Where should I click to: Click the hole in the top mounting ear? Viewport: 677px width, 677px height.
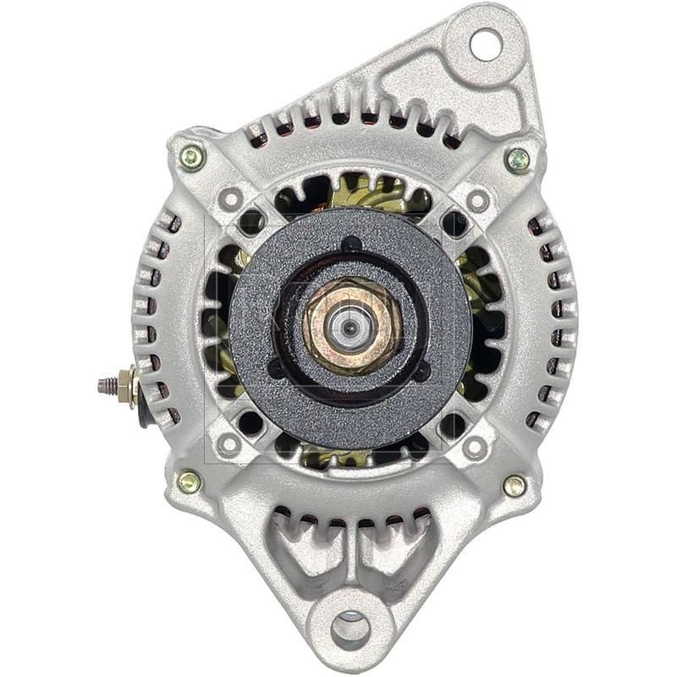pyautogui.click(x=485, y=44)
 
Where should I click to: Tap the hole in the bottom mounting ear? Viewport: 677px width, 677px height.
pyautogui.click(x=350, y=629)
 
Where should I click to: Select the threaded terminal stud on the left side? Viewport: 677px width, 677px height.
pyautogui.click(x=108, y=386)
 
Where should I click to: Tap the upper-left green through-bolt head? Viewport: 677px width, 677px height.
pyautogui.click(x=192, y=157)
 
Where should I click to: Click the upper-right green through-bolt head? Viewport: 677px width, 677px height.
pyautogui.click(x=517, y=158)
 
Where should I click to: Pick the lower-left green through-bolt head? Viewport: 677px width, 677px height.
pyautogui.click(x=189, y=482)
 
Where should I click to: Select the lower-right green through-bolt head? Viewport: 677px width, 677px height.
pyautogui.click(x=514, y=485)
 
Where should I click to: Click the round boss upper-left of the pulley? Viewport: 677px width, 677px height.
pyautogui.click(x=228, y=200)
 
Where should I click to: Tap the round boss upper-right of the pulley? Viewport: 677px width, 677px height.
pyautogui.click(x=478, y=201)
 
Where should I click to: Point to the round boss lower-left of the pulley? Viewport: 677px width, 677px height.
pyautogui.click(x=228, y=443)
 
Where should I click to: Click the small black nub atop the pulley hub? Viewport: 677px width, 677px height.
pyautogui.click(x=350, y=245)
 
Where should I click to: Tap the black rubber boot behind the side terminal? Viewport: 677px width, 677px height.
pyautogui.click(x=144, y=410)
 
